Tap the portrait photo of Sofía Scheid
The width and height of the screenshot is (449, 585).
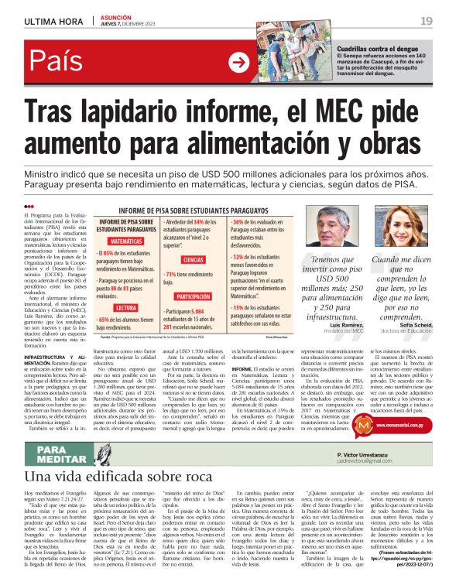coord(406,229)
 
